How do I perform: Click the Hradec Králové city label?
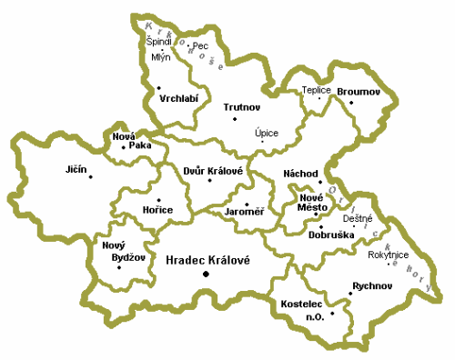pos(207,259)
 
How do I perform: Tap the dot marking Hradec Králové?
pos(206,274)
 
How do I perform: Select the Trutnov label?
pos(242,107)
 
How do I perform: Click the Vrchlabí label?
pos(179,96)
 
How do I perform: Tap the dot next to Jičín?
pos(91,176)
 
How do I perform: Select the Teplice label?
pos(318,90)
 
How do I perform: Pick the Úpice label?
pos(267,133)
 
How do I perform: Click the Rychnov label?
pos(370,285)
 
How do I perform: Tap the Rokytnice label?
pos(389,255)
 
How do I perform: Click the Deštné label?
pos(357,218)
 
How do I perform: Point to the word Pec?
pos(201,45)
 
